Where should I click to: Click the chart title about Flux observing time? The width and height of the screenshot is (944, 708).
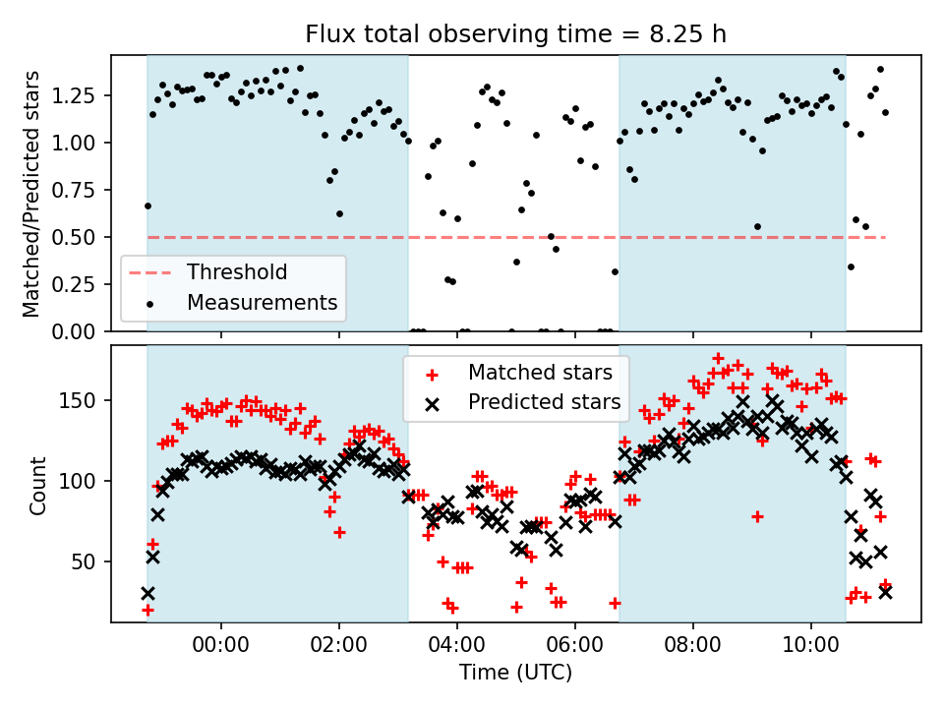(x=516, y=34)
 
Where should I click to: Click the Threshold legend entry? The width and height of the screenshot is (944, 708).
(x=237, y=272)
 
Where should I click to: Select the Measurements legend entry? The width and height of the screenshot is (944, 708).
(x=262, y=301)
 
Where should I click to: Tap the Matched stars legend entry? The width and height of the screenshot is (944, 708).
(x=540, y=373)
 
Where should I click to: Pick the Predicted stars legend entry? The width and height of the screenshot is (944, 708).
(x=544, y=401)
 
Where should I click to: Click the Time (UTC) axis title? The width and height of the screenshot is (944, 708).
(x=515, y=674)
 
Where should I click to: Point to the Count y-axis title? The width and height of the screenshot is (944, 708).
(x=38, y=485)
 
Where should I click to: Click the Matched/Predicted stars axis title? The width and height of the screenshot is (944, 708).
(x=31, y=194)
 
